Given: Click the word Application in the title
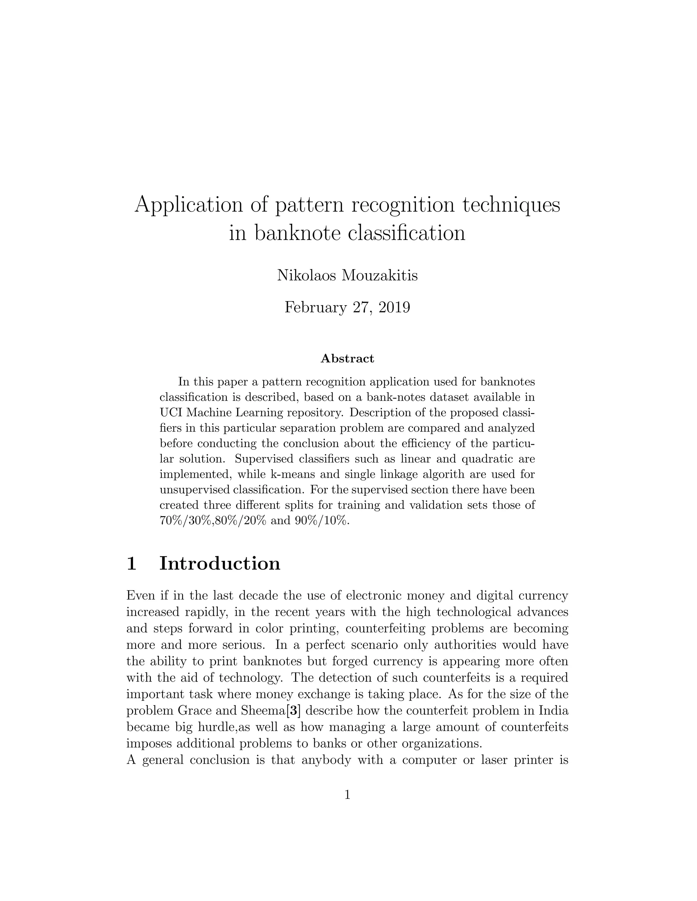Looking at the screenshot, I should coord(189,205).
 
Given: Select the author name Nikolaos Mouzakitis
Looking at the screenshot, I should coord(347,275).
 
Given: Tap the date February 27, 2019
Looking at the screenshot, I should coord(347,307).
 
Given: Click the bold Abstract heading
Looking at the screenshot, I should coord(347,358).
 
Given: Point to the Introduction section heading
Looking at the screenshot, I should coord(220,563).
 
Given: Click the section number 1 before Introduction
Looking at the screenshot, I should coord(131,563).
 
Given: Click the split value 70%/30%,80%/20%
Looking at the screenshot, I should coord(213,521).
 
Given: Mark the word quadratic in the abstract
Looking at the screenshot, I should coord(481,459).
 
